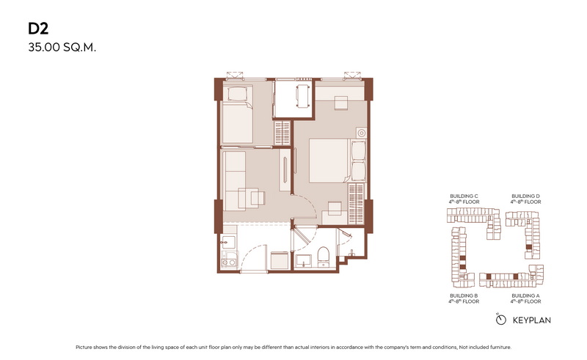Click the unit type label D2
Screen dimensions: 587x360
tap(38, 29)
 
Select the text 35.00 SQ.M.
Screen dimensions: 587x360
tap(62, 48)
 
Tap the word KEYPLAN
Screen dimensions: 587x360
tap(531, 320)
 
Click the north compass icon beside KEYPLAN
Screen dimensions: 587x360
tap(500, 319)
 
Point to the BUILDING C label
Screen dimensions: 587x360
tap(464, 196)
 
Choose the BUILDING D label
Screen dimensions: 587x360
tap(525, 196)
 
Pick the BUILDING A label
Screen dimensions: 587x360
tap(525, 295)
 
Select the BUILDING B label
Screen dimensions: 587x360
tap(464, 295)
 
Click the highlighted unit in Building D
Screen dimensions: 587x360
tap(528, 247)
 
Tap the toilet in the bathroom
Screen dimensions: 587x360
tap(323, 256)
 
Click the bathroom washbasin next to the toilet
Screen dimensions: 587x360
tap(303, 260)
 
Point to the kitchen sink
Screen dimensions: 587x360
tap(227, 242)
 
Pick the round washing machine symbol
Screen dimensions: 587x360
tap(361, 133)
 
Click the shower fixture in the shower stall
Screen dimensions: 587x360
tap(351, 254)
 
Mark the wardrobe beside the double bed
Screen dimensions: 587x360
tap(356, 205)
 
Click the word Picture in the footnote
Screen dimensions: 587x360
tap(84, 348)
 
